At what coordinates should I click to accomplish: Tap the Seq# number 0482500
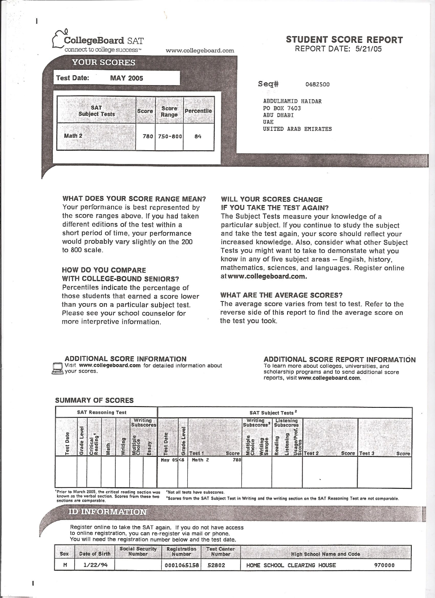(317, 84)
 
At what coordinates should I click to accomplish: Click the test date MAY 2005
(126, 78)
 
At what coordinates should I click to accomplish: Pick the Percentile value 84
(198, 136)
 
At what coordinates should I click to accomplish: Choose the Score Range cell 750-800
(169, 136)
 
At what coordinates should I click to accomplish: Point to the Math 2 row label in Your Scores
(73, 136)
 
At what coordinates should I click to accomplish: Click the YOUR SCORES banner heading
(103, 63)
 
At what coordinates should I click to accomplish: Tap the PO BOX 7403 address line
(282, 108)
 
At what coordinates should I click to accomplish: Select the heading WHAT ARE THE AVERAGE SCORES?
(281, 295)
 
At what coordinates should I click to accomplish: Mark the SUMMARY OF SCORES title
(94, 400)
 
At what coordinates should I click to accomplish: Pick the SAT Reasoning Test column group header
(102, 412)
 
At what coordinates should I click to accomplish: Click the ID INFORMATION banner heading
(107, 512)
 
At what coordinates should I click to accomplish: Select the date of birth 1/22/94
(93, 565)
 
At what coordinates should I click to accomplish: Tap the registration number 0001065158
(182, 565)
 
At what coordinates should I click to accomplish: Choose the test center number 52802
(216, 565)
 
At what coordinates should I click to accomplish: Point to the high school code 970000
(385, 565)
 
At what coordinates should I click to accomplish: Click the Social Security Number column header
(138, 551)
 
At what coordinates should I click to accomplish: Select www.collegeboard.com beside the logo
(200, 51)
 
